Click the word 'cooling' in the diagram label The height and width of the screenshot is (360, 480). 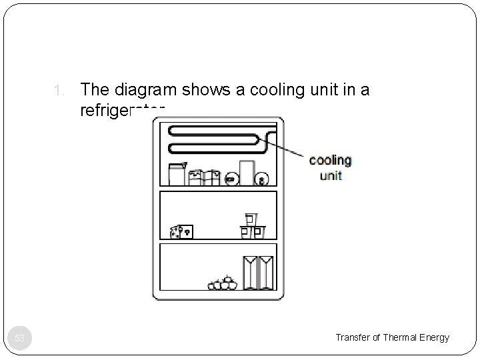[x=330, y=160]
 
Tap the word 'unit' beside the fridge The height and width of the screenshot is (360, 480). [x=330, y=175]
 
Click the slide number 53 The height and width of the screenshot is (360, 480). [x=20, y=338]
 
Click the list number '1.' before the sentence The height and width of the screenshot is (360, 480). [x=59, y=91]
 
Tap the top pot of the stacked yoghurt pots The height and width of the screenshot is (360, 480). [x=251, y=219]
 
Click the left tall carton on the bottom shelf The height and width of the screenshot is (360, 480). [x=250, y=273]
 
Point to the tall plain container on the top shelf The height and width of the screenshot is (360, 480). [x=246, y=172]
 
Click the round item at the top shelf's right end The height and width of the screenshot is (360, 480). [x=262, y=179]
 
